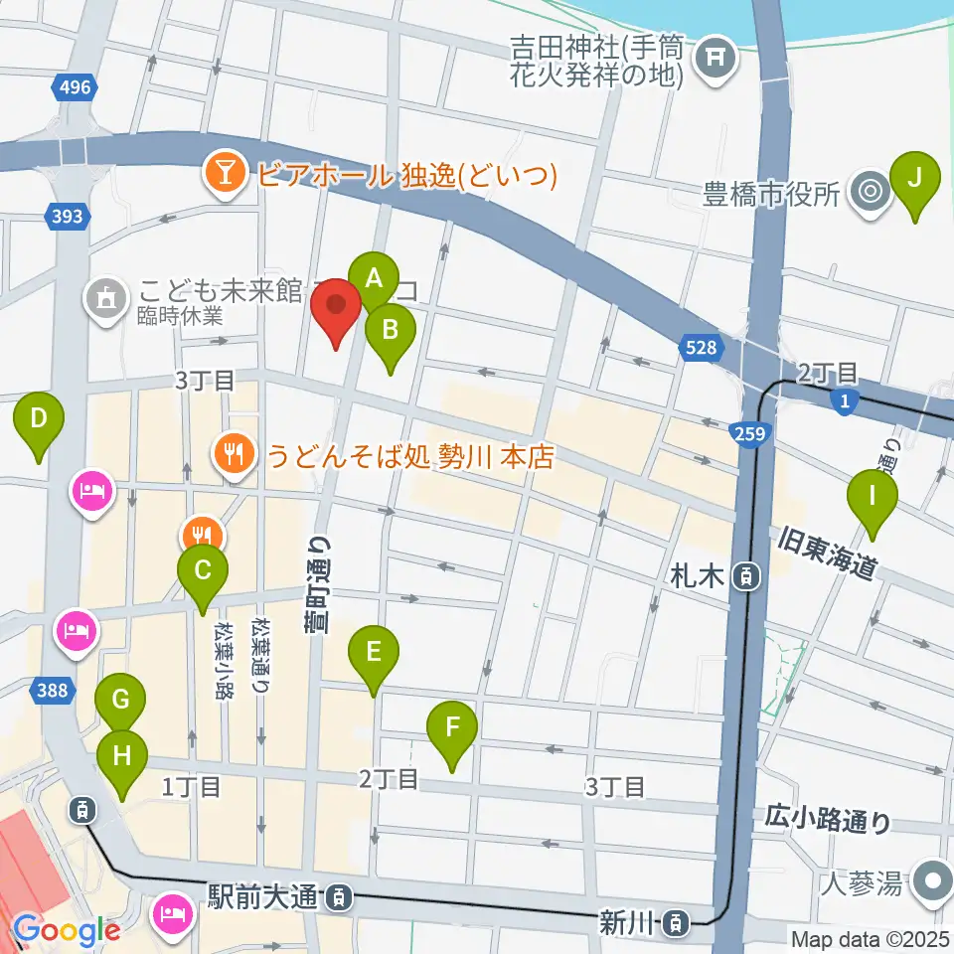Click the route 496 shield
pos(74,87)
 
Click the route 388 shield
pos(56,688)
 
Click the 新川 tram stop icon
pos(676,923)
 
